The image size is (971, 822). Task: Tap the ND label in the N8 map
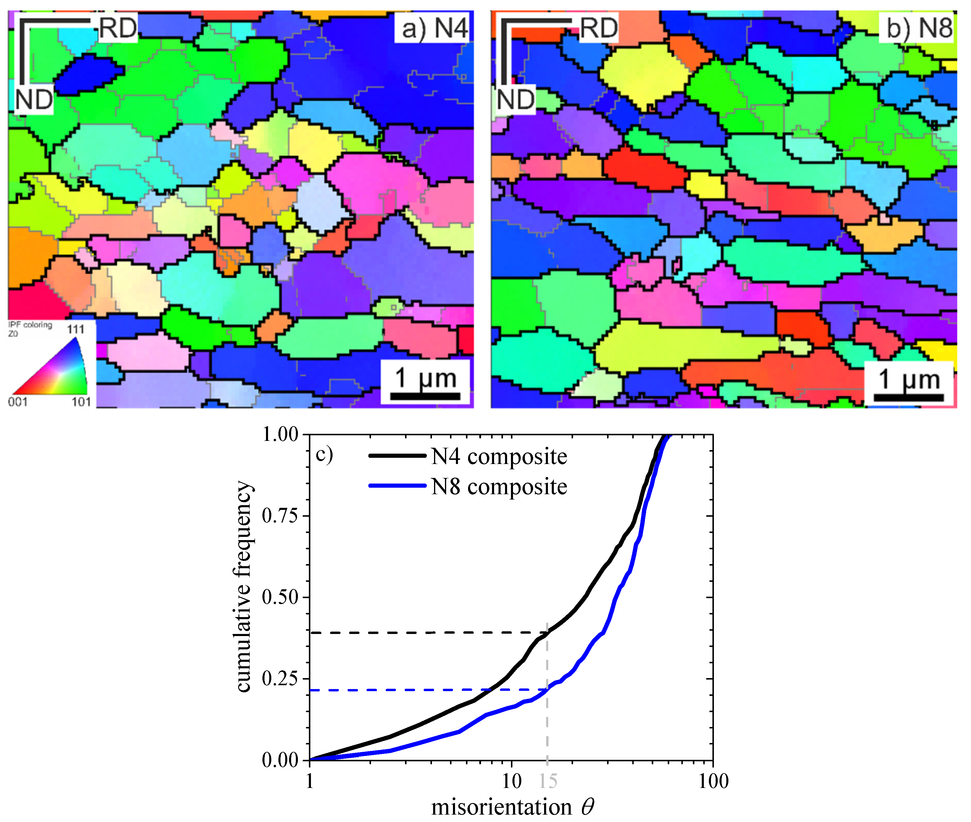coord(515,100)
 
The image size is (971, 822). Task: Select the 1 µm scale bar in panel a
coord(425,396)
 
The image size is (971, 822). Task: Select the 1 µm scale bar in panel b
coord(908,397)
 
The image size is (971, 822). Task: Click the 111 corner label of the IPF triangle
coord(75,330)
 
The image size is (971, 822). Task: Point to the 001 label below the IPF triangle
coord(18,402)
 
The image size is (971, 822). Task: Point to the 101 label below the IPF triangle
coord(81,402)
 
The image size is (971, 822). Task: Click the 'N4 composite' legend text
coord(499,457)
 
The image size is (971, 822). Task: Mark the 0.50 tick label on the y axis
coord(280,597)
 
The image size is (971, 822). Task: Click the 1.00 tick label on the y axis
coord(280,435)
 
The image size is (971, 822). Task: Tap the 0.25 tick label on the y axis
coord(280,678)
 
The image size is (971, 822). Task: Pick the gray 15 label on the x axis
coord(548,781)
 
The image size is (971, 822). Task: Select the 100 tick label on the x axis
coord(713,781)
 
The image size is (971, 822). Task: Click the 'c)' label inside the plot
coord(324,454)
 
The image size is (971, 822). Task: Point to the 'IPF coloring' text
coord(30,325)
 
